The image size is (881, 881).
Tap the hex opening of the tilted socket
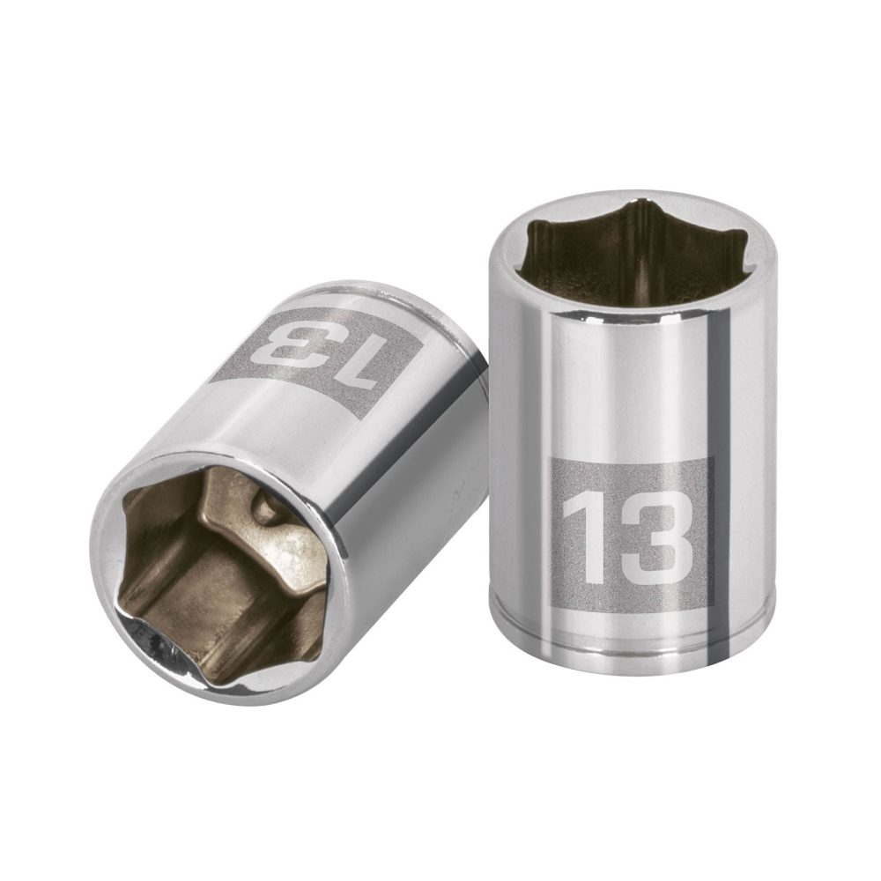pyautogui.click(x=220, y=564)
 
